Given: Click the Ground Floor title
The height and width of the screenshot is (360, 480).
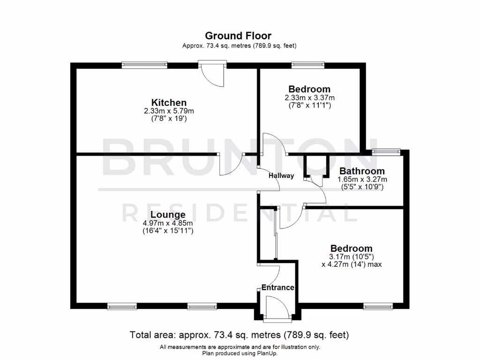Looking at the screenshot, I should [x=239, y=36].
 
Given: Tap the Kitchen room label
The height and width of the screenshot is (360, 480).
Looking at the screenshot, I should [x=169, y=102].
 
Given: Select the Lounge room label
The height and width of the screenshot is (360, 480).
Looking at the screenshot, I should [x=168, y=215].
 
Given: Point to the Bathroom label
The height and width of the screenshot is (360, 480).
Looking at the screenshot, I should [x=362, y=171].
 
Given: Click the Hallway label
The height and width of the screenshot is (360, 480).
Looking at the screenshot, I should [x=281, y=176].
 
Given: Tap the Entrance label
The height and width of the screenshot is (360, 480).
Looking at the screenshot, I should [x=277, y=287].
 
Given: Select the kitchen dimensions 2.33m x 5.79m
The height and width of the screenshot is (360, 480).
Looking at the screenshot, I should [x=169, y=111].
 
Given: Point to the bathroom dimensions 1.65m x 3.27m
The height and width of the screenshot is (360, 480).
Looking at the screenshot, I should [x=362, y=179].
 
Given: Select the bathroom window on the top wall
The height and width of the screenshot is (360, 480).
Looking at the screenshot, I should [x=386, y=151].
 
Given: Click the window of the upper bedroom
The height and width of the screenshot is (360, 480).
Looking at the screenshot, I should [x=308, y=65].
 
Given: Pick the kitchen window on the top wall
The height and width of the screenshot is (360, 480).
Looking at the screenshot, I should [x=144, y=65].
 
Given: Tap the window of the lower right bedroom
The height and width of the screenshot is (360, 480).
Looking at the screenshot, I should [x=378, y=307].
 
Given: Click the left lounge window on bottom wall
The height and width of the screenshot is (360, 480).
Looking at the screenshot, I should [x=122, y=307].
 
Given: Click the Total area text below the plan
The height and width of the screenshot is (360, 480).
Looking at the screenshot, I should [x=239, y=335].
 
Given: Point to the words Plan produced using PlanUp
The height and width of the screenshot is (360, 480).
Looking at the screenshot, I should [x=240, y=353].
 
